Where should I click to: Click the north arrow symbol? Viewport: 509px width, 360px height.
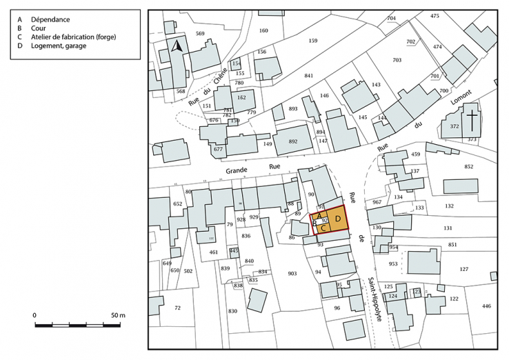(x=177, y=47)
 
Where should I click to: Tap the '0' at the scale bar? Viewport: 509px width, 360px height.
(x=34, y=314)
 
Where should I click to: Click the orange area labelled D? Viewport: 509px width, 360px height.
(x=337, y=219)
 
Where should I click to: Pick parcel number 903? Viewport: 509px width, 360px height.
(x=292, y=273)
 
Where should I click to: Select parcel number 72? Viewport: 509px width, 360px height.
(x=177, y=307)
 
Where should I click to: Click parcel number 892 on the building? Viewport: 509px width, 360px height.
(x=292, y=141)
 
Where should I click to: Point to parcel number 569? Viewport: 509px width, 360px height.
(x=201, y=33)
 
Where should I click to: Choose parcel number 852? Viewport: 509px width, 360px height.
(x=468, y=167)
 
